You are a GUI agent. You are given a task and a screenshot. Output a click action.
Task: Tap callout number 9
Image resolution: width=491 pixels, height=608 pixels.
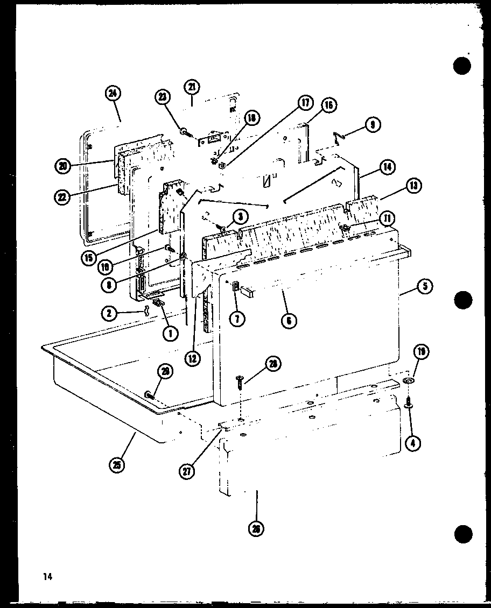coord(373,125)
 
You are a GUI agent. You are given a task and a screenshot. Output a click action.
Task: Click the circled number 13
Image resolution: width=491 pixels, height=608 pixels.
coord(414,186)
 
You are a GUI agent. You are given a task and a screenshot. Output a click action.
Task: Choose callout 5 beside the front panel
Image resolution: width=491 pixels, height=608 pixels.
coord(425,286)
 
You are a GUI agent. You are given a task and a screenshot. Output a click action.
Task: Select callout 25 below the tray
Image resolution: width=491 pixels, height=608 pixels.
coord(116,464)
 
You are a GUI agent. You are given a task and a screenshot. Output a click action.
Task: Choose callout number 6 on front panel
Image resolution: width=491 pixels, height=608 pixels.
coord(289,321)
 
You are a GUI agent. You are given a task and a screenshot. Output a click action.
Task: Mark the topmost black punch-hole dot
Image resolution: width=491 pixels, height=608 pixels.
coord(462,66)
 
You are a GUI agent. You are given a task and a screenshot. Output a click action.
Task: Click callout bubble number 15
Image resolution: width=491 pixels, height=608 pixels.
coord(89,257)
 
